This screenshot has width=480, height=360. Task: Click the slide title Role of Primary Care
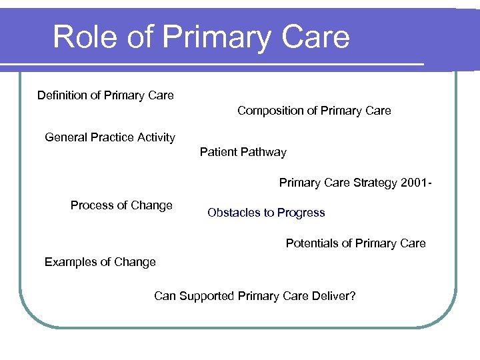[x=201, y=37]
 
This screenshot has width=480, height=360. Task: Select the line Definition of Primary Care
[x=105, y=95]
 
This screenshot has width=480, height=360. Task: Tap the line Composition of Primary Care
[x=314, y=111]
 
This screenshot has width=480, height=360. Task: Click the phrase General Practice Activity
[x=110, y=137]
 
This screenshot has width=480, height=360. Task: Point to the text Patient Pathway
[x=243, y=152]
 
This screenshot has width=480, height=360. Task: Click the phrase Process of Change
[x=121, y=205]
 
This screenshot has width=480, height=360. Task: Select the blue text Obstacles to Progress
[x=266, y=213]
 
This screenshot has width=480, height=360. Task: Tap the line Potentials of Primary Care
[x=355, y=243]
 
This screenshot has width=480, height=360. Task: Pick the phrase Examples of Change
[x=100, y=262]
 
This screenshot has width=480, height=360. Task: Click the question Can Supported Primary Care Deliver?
[x=255, y=296]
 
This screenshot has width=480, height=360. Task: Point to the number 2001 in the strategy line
[x=414, y=183]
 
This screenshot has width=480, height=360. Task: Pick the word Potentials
[x=311, y=243]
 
